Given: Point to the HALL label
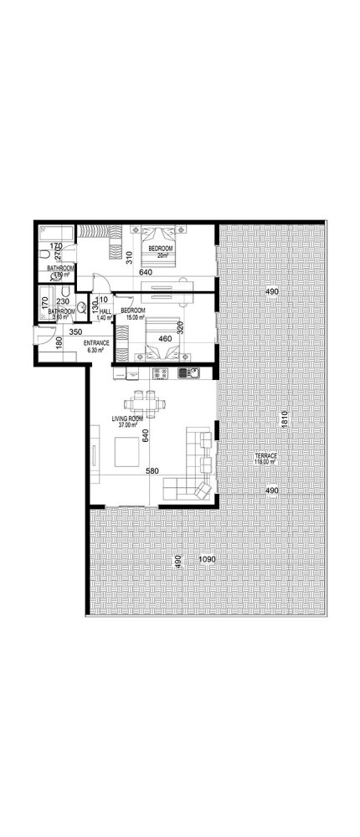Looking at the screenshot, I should click(105, 311).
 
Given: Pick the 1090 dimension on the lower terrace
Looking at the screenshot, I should click(206, 559).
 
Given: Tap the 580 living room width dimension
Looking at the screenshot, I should click(152, 471).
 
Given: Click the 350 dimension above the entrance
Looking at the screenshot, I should click(75, 332).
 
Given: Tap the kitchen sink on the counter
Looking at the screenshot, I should click(191, 372).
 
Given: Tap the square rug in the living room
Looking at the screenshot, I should click(127, 453).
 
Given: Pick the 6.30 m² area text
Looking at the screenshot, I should click(95, 351).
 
